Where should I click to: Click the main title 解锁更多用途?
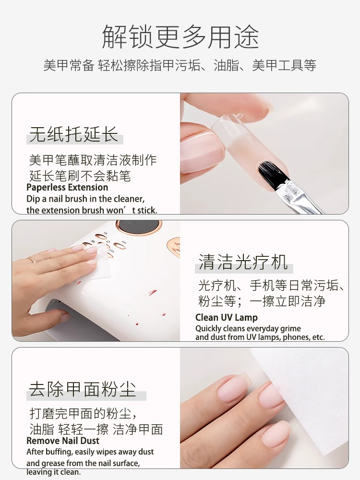click(180, 37)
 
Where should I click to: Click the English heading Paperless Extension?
click(67, 187)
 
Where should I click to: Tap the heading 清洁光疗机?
click(243, 262)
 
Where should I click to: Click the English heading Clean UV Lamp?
click(227, 317)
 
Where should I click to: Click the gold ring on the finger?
click(32, 260)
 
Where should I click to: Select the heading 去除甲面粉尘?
click(83, 389)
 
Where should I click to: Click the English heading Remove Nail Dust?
click(63, 441)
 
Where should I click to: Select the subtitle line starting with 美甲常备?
click(180, 65)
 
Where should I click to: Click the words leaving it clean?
click(54, 472)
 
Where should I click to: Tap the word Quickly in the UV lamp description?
click(208, 329)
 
